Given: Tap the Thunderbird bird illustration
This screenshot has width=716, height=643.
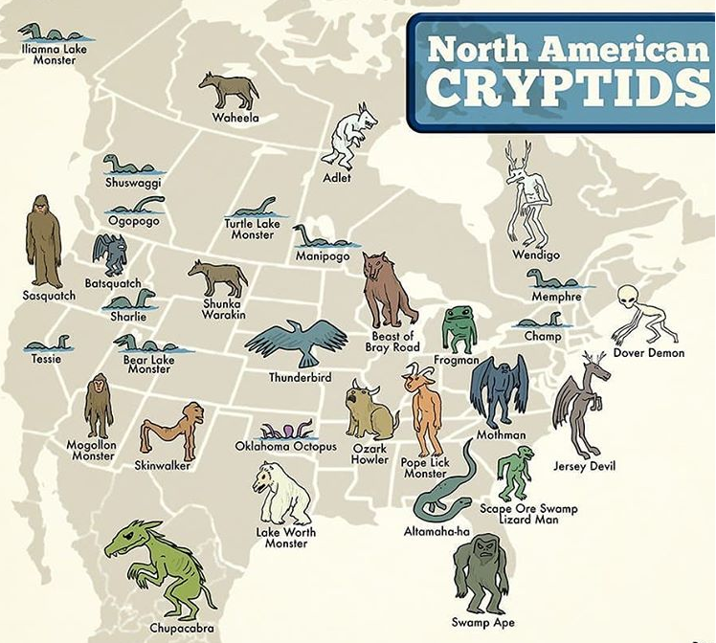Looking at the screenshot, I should [296, 343].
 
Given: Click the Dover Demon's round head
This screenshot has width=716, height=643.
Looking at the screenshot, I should [629, 297].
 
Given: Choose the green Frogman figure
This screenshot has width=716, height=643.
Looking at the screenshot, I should [459, 329].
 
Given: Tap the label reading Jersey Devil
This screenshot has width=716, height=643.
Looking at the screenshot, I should [584, 466].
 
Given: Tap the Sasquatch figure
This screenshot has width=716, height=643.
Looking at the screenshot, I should [43, 241].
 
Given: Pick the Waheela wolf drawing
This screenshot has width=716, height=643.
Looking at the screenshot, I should [230, 90].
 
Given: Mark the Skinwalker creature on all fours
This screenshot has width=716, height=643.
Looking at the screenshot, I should [172, 429].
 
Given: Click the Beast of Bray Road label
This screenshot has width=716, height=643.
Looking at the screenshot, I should [392, 341].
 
